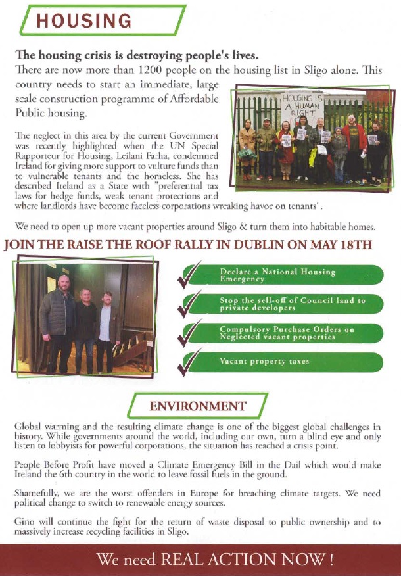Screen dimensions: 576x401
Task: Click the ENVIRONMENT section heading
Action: (x=197, y=405)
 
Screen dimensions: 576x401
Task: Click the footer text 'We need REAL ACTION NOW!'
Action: (x=215, y=560)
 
